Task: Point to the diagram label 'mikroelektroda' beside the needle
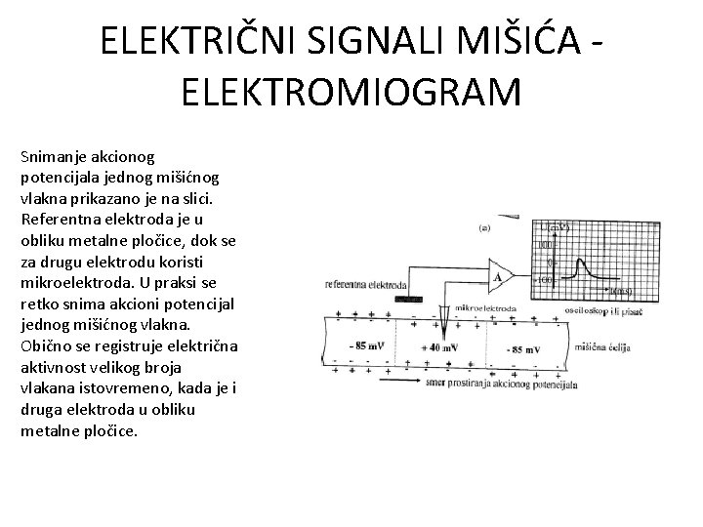[x=485, y=307]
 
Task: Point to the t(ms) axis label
[x=619, y=291]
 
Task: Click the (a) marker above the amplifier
[x=485, y=227]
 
